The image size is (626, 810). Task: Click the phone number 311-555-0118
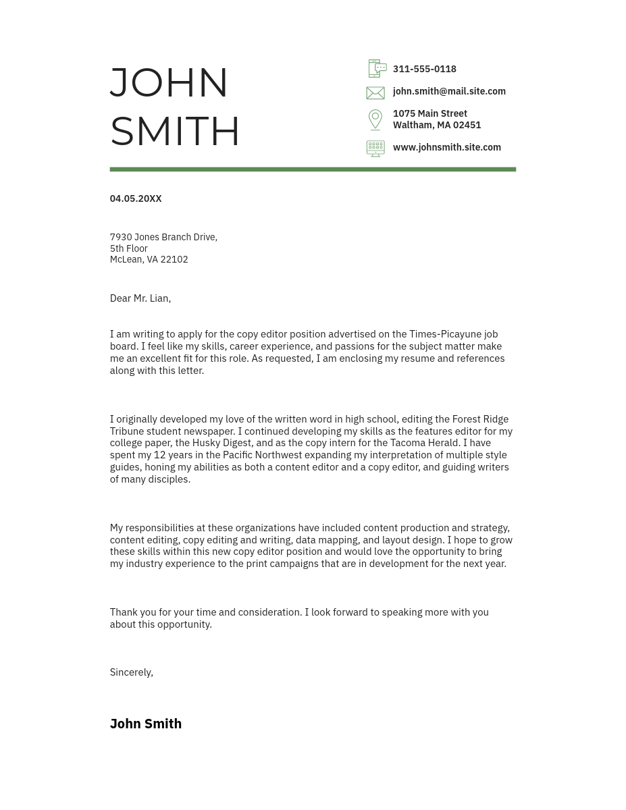click(x=424, y=69)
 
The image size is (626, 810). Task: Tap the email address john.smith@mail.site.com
click(x=448, y=91)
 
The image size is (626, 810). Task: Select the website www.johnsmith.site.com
click(x=446, y=147)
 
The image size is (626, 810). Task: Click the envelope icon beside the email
click(x=375, y=92)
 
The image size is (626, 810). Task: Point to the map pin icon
click(x=375, y=119)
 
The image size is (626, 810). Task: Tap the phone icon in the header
click(x=377, y=68)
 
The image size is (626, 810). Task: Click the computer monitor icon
click(x=375, y=148)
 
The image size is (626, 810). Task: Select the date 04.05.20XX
click(x=135, y=198)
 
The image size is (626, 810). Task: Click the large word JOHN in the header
click(x=169, y=82)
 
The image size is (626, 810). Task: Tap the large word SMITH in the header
click(x=175, y=131)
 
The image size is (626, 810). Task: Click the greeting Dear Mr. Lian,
click(x=140, y=298)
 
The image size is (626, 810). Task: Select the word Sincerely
click(x=130, y=672)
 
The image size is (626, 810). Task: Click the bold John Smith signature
click(x=145, y=724)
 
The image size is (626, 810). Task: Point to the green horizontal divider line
click(x=313, y=169)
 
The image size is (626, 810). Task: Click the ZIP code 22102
click(x=174, y=259)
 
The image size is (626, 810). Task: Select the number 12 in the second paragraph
click(x=159, y=455)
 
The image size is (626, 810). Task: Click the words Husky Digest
click(x=221, y=443)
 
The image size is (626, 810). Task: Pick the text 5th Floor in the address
click(x=128, y=248)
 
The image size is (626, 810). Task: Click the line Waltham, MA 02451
click(x=436, y=125)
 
